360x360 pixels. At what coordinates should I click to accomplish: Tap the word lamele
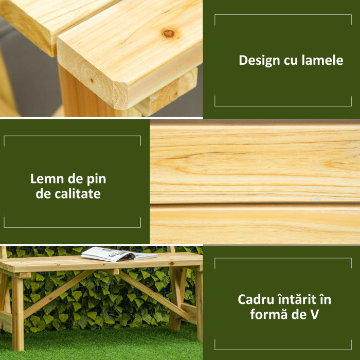click(322, 61)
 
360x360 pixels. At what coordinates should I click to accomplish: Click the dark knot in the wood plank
click(168, 34)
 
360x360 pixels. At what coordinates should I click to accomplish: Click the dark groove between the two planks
click(255, 204)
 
